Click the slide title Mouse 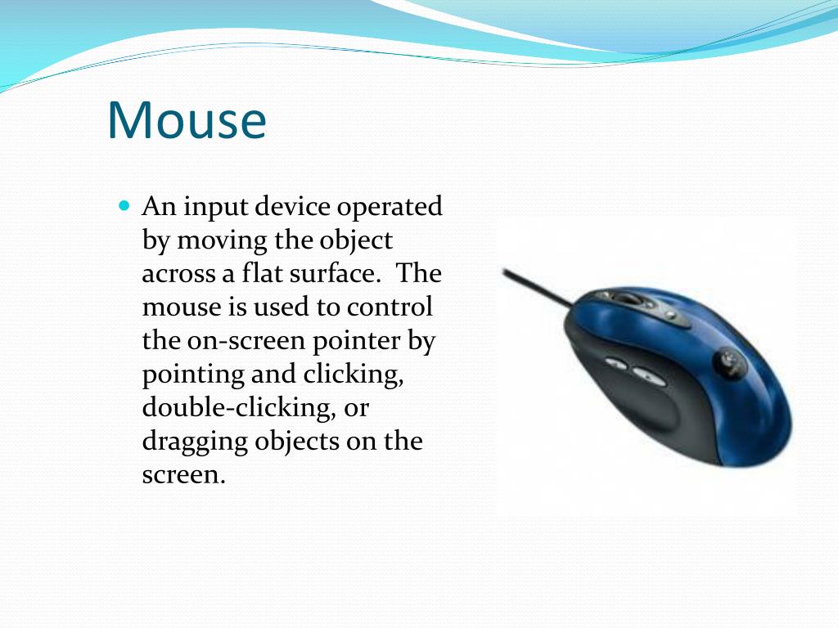tap(187, 119)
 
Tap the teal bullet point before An tap(124, 205)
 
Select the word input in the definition tap(215, 207)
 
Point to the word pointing tap(189, 375)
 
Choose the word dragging tap(195, 442)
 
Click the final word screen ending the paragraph tap(182, 475)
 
